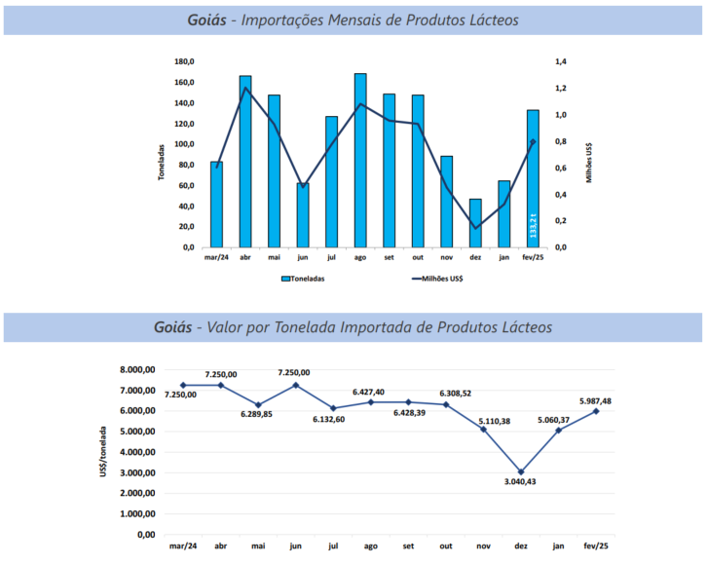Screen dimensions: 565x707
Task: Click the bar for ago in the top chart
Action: pyautogui.click(x=360, y=161)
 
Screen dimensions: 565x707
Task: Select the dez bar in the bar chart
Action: pyautogui.click(x=475, y=223)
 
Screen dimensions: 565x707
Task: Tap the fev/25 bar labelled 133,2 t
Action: pyautogui.click(x=533, y=179)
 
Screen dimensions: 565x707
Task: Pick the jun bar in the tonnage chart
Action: pyautogui.click(x=303, y=215)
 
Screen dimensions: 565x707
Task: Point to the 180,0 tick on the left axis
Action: pyautogui.click(x=183, y=61)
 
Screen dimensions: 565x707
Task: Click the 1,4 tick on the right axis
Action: pyautogui.click(x=561, y=61)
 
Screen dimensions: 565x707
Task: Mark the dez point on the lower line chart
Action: pyautogui.click(x=521, y=471)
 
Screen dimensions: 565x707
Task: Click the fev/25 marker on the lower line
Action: pyautogui.click(x=596, y=411)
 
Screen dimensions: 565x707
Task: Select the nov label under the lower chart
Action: pyautogui.click(x=484, y=546)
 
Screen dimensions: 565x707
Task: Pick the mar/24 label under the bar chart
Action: pyautogui.click(x=216, y=257)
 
